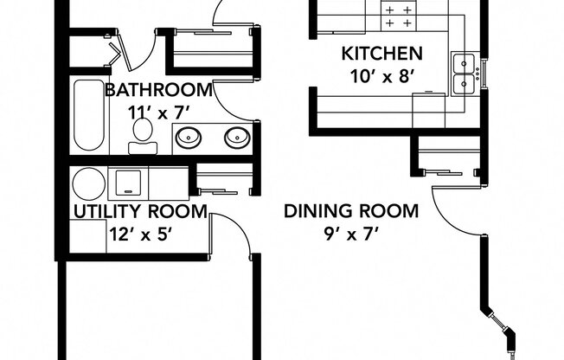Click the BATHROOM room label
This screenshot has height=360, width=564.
(x=158, y=90)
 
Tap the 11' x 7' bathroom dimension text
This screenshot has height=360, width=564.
(x=157, y=111)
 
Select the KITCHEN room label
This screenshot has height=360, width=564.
(x=381, y=53)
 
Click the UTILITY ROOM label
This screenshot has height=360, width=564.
(x=140, y=211)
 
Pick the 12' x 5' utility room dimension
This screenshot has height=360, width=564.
(x=139, y=232)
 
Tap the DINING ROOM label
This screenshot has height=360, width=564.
(x=351, y=210)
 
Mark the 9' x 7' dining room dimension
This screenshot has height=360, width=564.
(x=351, y=232)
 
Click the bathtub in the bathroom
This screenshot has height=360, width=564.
(x=87, y=116)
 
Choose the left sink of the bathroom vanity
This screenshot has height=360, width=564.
(x=190, y=136)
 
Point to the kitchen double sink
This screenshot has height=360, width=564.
(x=464, y=73)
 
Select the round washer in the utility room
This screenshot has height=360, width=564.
(x=87, y=183)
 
